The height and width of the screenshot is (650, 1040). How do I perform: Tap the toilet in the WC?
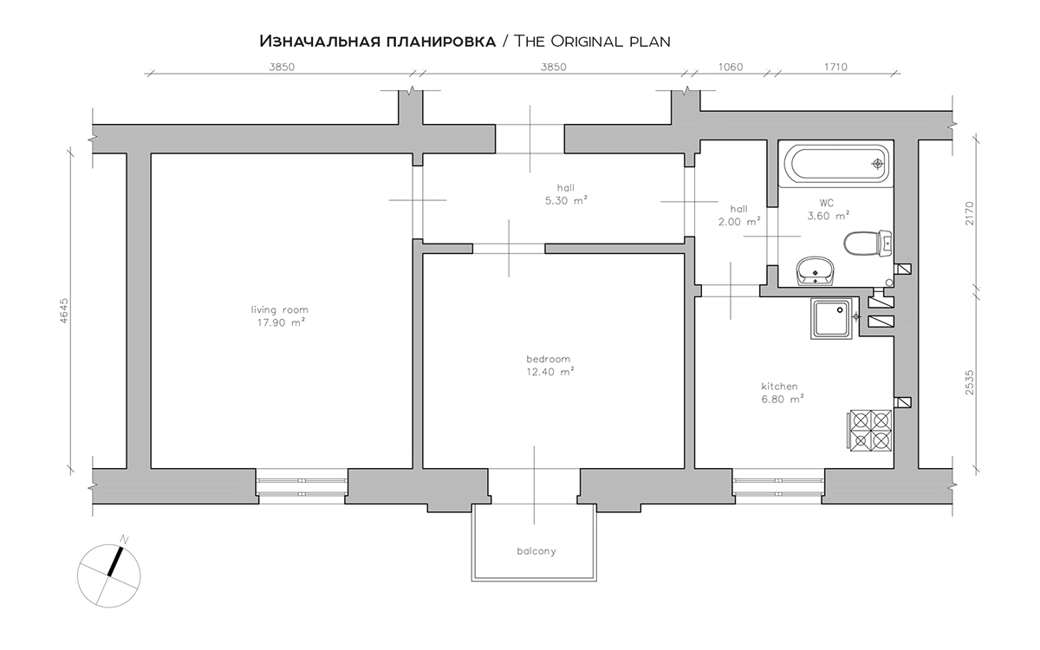(868, 244)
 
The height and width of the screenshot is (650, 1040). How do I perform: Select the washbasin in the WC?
(816, 270)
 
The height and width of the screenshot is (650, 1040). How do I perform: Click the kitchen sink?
(831, 319)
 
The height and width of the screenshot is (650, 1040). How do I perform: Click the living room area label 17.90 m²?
(282, 322)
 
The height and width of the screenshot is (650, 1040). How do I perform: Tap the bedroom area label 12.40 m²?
(550, 372)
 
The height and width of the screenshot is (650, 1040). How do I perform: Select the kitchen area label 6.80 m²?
(783, 400)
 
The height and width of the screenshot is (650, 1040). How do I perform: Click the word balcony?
(536, 551)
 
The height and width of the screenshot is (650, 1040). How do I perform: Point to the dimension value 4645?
(64, 310)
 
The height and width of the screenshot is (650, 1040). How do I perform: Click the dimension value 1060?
(731, 67)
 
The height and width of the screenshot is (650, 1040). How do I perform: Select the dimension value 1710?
(835, 67)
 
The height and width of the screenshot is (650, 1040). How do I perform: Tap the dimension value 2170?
(970, 213)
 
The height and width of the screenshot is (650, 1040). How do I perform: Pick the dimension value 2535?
(970, 382)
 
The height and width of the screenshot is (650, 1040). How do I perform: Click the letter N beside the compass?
(124, 539)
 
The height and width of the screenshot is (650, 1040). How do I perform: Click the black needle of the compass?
(115, 562)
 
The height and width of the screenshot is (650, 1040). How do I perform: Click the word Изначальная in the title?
(319, 42)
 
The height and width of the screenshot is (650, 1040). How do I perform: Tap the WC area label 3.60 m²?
(829, 216)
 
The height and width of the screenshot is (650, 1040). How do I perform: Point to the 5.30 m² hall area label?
(566, 200)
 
